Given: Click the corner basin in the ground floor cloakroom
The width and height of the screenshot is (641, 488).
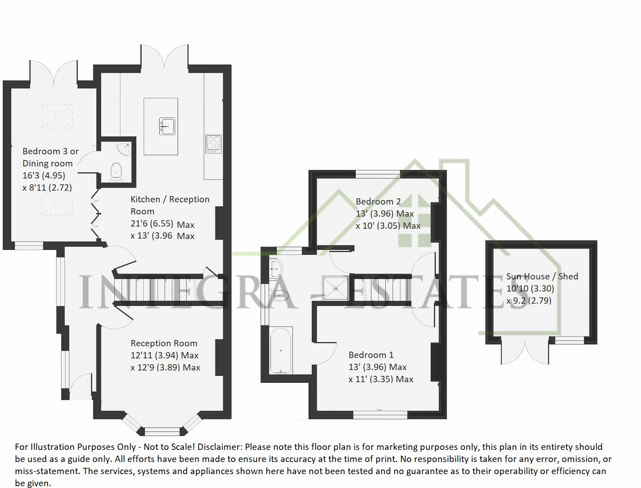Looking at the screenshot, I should click(x=124, y=148).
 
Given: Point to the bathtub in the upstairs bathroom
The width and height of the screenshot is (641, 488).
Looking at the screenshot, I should click(x=281, y=350).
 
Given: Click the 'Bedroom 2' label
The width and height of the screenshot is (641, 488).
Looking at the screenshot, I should click(x=378, y=201).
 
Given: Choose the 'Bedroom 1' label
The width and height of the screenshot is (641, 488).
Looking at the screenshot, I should click(x=371, y=355).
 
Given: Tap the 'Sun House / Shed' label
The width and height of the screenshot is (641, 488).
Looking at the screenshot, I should click(x=542, y=276).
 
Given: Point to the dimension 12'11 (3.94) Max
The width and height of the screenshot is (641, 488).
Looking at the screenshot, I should click(x=164, y=355).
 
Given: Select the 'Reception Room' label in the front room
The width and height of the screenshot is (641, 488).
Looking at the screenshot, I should click(x=164, y=343).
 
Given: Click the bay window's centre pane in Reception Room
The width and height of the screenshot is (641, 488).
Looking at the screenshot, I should click(x=162, y=432).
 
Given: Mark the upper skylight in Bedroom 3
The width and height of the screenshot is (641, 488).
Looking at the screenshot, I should click(x=57, y=116).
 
